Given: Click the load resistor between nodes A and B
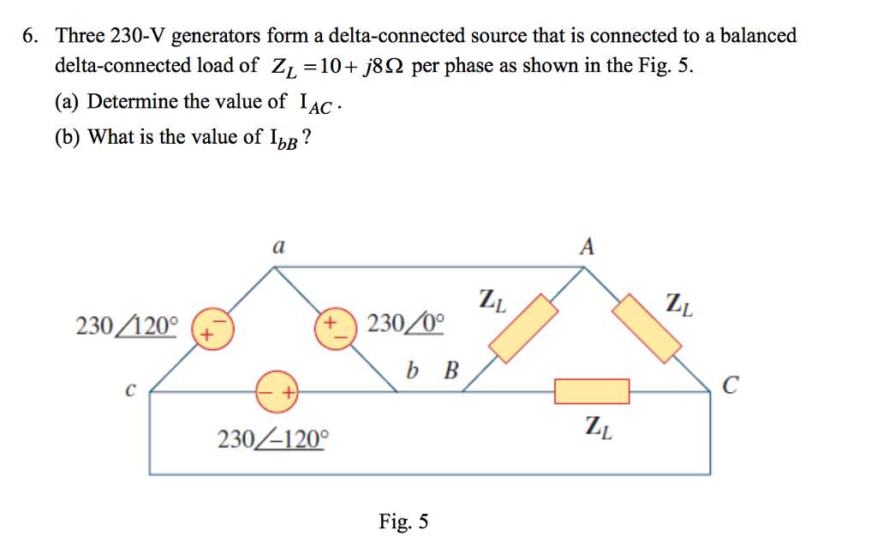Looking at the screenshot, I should [523, 325].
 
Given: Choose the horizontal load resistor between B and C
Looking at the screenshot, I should [592, 391].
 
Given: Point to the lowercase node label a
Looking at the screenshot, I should [277, 247].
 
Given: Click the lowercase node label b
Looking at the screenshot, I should [415, 372].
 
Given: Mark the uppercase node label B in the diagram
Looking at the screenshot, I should [450, 372].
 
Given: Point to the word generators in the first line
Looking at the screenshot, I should [217, 37].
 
